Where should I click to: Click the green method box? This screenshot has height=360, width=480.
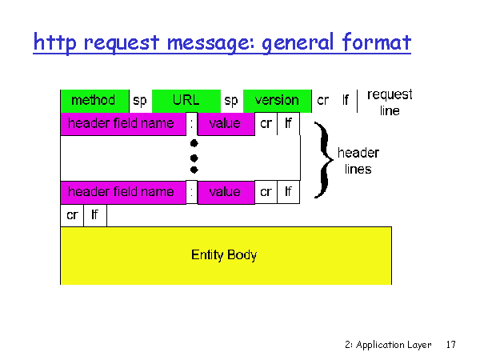pos(95,101)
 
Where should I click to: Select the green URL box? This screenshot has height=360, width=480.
pos(186,101)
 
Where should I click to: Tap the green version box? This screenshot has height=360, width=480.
pos(278,101)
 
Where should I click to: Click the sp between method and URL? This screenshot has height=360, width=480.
pos(140,101)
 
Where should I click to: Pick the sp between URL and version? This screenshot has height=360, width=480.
pos(231,101)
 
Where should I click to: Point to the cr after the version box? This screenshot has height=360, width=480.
pos(323,101)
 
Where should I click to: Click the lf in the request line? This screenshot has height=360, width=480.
pos(346,100)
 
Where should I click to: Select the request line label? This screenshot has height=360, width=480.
pos(390,102)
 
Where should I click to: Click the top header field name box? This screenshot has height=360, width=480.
pos(123,124)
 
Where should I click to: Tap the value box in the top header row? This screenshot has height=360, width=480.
pos(226,124)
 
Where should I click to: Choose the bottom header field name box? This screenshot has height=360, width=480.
pos(123,193)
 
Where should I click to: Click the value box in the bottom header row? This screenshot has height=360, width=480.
pos(226,193)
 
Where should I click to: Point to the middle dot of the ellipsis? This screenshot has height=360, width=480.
pos(194,158)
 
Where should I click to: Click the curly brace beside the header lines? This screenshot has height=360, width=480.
pos(323,160)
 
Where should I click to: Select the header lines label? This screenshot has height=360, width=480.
pos(358,161)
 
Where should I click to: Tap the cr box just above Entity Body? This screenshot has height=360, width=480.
pos(72,215)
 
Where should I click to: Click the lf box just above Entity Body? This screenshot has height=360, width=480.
pos(95,215)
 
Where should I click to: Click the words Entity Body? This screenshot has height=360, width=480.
pos(224,255)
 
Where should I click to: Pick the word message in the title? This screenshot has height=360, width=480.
pos(211,43)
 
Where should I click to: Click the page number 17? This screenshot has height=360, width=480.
pos(450,345)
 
